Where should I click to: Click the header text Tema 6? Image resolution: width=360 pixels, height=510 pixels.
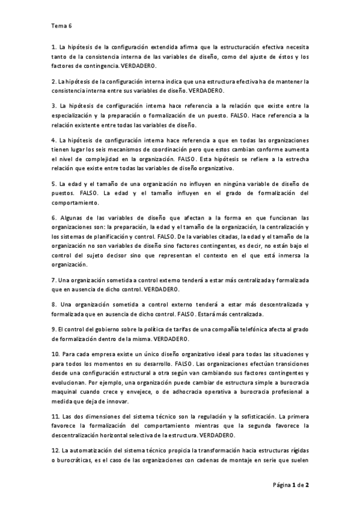61,26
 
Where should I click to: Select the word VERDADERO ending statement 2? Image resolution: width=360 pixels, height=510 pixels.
206,90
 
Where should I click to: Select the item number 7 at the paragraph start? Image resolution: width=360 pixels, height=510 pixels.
53,280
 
